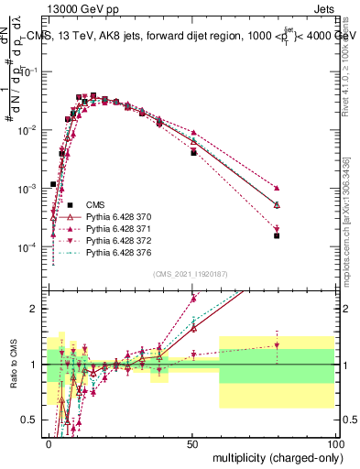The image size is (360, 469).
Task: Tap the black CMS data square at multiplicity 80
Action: coord(277,235)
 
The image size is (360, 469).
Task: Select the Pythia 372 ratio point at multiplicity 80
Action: coord(277,345)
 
